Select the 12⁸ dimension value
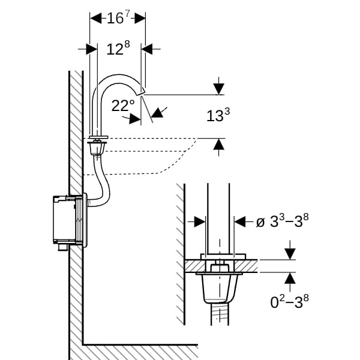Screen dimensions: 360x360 (x=118, y=49)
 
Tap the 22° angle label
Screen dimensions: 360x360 (x=123, y=106)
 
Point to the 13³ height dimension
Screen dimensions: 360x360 (x=218, y=115)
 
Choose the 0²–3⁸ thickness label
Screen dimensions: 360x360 (x=290, y=301)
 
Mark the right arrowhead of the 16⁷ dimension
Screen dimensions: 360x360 (x=139, y=18)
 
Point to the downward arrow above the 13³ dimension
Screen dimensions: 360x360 (x=218, y=88)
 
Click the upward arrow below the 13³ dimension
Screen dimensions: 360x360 (x=218, y=145)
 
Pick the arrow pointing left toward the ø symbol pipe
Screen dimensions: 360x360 (x=240, y=221)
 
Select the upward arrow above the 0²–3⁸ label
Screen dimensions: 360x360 (x=290, y=278)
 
